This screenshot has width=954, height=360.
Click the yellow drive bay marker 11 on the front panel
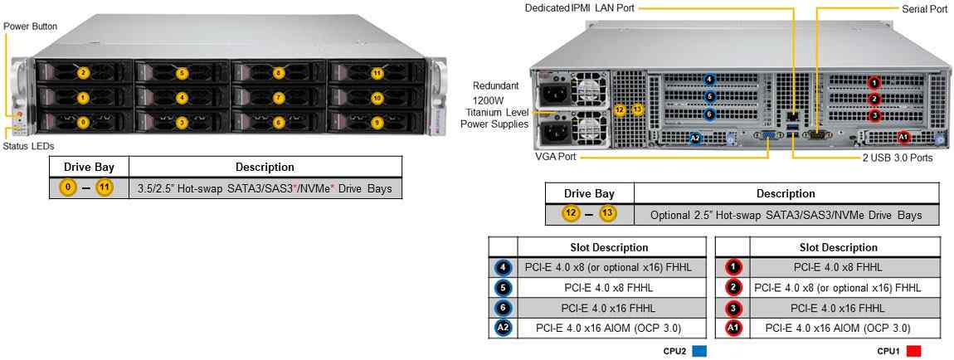[x=377, y=73]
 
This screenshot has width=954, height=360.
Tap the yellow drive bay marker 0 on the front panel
[x=83, y=122]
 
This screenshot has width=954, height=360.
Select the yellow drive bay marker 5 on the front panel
[x=182, y=73]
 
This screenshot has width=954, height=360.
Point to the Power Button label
[x=31, y=27]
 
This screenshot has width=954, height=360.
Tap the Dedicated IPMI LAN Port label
[x=580, y=8]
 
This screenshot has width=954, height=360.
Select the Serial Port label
[x=924, y=8]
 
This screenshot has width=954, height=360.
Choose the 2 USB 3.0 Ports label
[x=897, y=157]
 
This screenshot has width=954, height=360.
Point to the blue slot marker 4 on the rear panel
[x=708, y=80]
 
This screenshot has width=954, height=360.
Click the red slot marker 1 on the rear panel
[x=874, y=83]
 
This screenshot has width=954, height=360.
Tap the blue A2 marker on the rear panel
[x=696, y=138]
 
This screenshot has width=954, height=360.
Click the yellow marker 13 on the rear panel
[x=637, y=109]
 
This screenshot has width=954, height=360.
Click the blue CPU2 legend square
[x=699, y=351]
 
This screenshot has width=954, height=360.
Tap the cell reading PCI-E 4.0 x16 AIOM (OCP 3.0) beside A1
[x=838, y=328]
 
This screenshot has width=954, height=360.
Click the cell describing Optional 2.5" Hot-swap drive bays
[x=786, y=215]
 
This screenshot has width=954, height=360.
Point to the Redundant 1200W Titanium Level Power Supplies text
[x=496, y=105]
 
